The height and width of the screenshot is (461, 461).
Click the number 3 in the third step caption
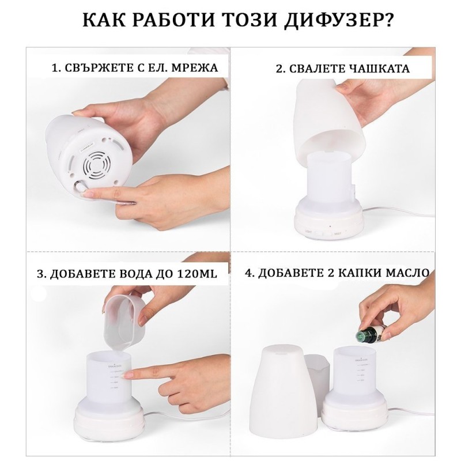pos(40,274)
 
